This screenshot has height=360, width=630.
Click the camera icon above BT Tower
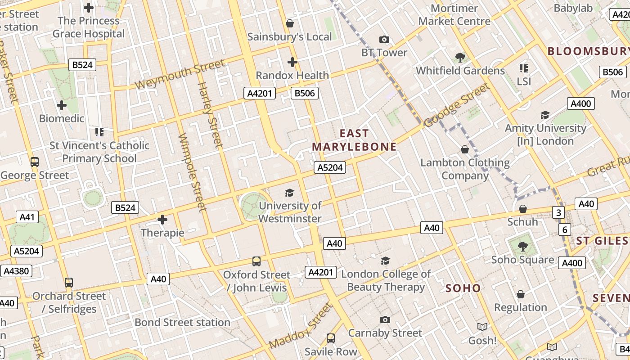pyautogui.click(x=384, y=40)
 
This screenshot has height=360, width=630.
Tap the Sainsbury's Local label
pyautogui.click(x=290, y=37)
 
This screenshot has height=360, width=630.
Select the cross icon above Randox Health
pyautogui.click(x=292, y=62)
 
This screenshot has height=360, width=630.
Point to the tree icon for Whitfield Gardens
pyautogui.click(x=460, y=57)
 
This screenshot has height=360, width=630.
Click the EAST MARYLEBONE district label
pyautogui.click(x=354, y=140)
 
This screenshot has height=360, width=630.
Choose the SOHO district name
pyautogui.click(x=463, y=288)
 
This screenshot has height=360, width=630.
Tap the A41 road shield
pyautogui.click(x=27, y=217)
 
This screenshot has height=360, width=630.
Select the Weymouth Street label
pyautogui.click(x=180, y=74)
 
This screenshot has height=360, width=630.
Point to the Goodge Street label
pyautogui.click(x=457, y=105)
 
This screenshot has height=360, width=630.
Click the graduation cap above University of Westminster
pyautogui.click(x=289, y=193)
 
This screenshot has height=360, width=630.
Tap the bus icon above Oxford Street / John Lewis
pyautogui.click(x=256, y=261)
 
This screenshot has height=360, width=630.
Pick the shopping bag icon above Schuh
pyautogui.click(x=522, y=209)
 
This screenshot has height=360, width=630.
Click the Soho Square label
pyautogui.click(x=522, y=260)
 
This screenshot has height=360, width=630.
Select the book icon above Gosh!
pyautogui.click(x=482, y=327)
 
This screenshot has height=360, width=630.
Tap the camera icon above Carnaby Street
pyautogui.click(x=385, y=320)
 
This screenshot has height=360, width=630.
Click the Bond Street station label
pyautogui.click(x=182, y=322)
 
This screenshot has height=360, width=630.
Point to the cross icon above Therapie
pyautogui.click(x=162, y=220)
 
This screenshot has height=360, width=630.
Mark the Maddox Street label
pyautogui.click(x=301, y=326)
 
